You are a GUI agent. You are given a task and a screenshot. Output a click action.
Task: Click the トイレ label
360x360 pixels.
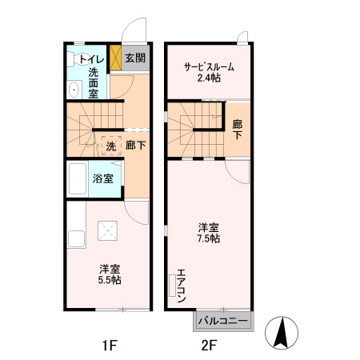click(x=90, y=58)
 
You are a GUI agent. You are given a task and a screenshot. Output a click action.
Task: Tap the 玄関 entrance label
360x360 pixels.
click(x=135, y=58)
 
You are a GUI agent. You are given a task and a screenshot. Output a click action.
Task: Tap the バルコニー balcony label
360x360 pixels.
click(x=222, y=322)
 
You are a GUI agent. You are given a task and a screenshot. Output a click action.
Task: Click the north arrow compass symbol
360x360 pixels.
click(x=285, y=331)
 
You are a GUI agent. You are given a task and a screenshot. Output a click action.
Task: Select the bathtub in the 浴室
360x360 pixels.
click(x=78, y=179)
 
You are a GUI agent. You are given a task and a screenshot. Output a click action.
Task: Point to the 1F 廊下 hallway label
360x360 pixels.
click(x=135, y=146)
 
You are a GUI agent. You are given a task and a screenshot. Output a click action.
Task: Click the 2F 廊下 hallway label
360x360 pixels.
click(x=237, y=130)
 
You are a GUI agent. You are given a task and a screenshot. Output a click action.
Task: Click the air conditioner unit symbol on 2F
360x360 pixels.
click(x=171, y=286)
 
